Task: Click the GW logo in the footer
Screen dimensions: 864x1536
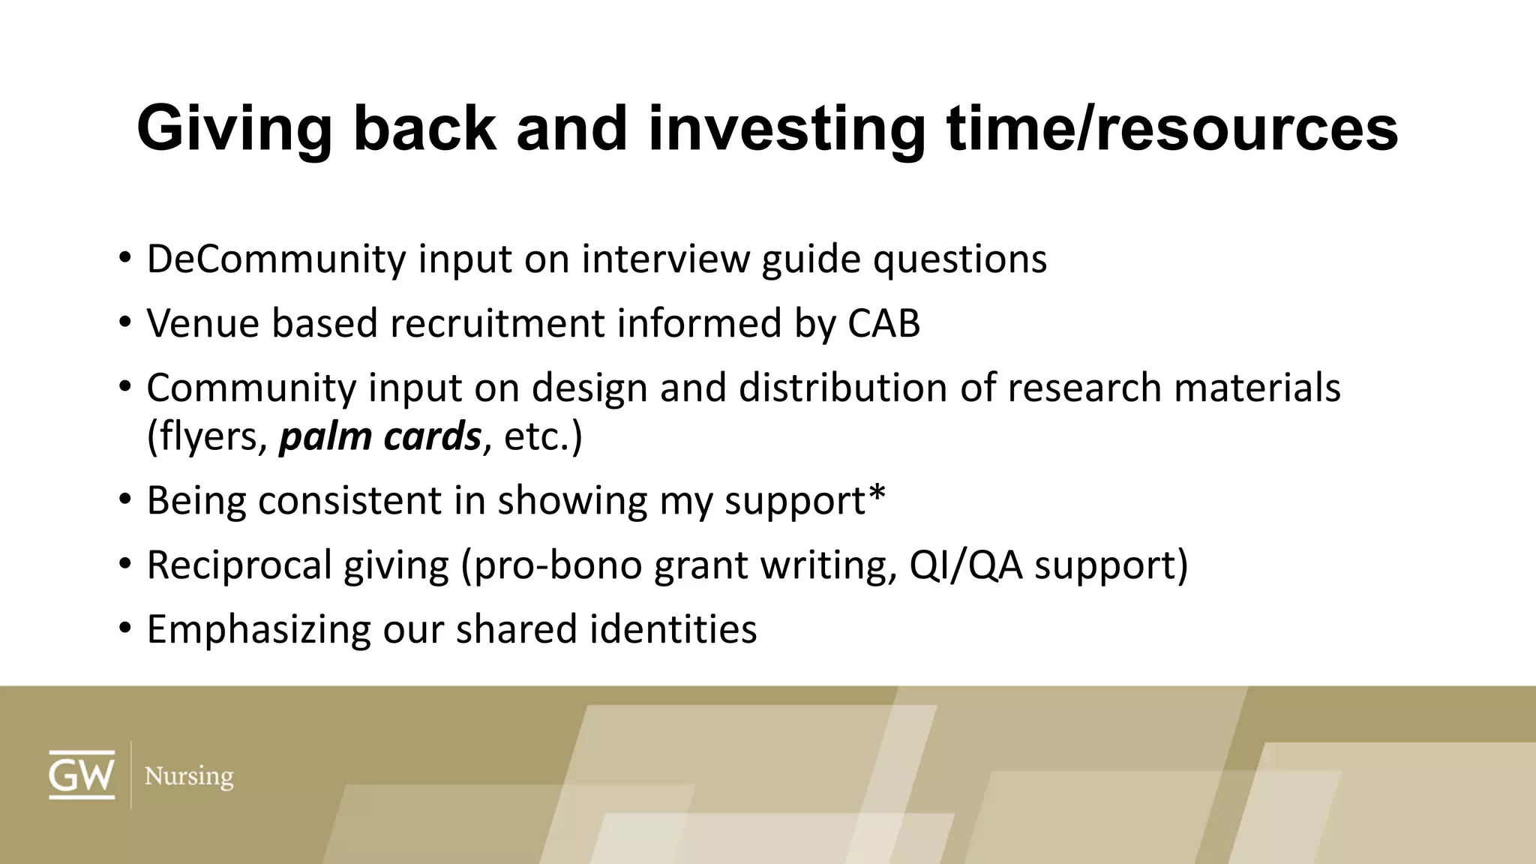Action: [82, 774]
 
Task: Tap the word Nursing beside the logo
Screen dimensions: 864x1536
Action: [189, 775]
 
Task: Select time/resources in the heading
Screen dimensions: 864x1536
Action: [1172, 129]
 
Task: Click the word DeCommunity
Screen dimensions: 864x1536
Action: [276, 259]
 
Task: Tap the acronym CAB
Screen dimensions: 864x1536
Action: [883, 324]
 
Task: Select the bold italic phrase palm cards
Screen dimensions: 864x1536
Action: [379, 436]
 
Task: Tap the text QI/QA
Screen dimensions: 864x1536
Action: [965, 565]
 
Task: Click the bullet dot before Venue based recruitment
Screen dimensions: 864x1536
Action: [124, 324]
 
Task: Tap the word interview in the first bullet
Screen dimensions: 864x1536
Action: [665, 259]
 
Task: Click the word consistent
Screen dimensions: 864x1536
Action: [349, 500]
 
